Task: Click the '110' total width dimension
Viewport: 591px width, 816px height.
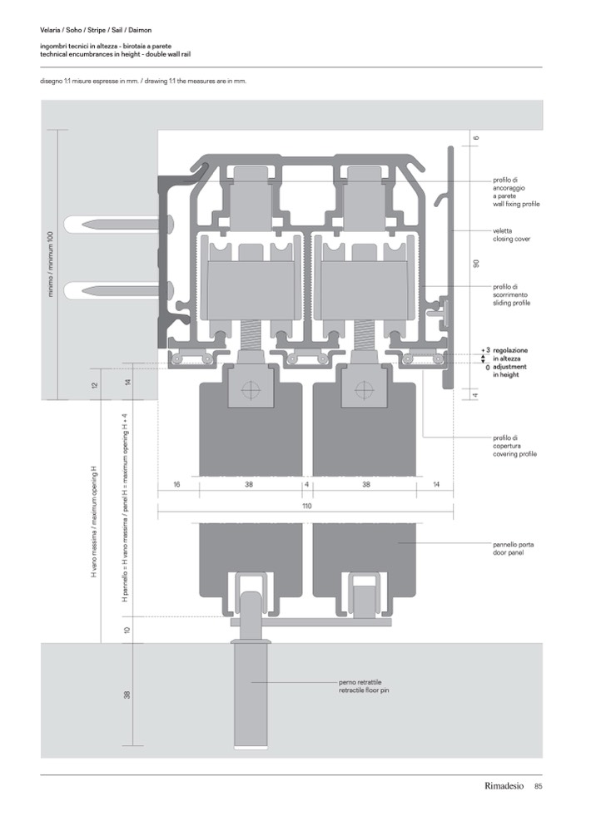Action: pos(306,506)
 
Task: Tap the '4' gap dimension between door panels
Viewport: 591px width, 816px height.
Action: pos(306,484)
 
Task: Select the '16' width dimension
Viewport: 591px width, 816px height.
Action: pos(176,484)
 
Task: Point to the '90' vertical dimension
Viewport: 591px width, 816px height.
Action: pos(476,264)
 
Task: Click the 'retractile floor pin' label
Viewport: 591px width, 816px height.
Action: pos(364,690)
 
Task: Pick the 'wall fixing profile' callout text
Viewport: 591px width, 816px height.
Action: pos(516,204)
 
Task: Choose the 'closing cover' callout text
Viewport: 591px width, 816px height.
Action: pos(511,239)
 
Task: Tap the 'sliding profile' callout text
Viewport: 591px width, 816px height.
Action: pos(511,303)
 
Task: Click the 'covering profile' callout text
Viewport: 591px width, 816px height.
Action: pos(514,454)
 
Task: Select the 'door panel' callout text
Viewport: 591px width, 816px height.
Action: pos(509,552)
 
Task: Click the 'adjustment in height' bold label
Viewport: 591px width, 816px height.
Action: pos(509,370)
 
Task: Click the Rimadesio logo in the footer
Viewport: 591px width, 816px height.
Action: pos(504,786)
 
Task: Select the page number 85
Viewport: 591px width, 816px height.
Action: pos(539,786)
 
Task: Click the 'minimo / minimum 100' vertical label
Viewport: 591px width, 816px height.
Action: pos(51,265)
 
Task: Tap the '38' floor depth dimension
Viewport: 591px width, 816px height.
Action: pos(127,695)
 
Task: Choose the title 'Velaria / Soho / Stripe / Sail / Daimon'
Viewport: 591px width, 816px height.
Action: pos(96,30)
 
